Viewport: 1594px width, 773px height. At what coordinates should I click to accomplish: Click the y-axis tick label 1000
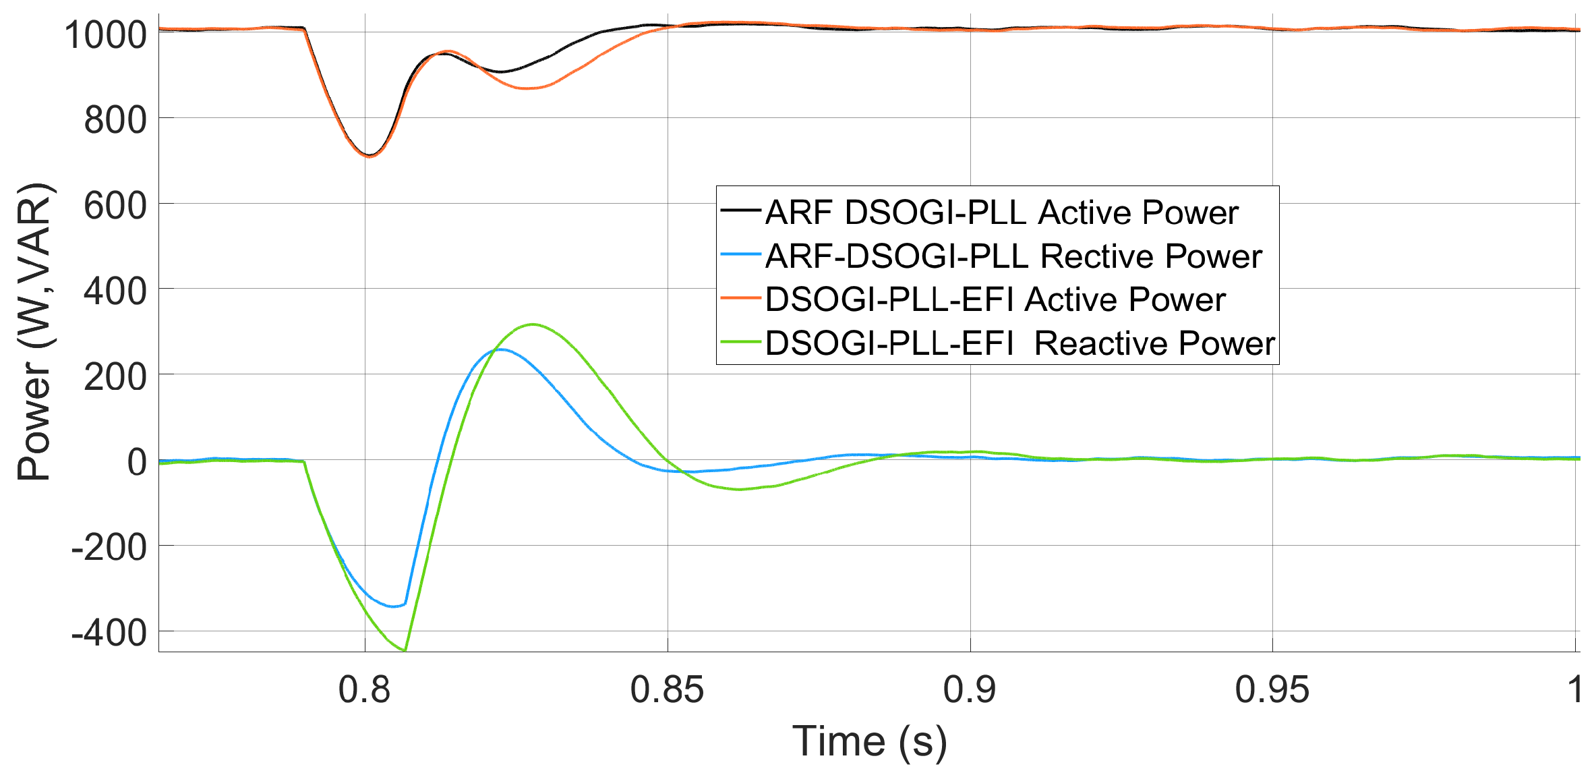tap(105, 34)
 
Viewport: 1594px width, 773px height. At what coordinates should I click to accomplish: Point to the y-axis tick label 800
tap(115, 120)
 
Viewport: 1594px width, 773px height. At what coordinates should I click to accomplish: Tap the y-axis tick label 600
tap(115, 205)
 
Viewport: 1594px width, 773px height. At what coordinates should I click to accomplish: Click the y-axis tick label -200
tap(109, 547)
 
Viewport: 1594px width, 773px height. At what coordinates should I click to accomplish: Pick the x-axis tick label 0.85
tap(667, 689)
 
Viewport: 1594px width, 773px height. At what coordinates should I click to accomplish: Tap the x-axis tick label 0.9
tap(970, 689)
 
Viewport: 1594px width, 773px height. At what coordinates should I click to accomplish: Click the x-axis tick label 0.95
tap(1272, 689)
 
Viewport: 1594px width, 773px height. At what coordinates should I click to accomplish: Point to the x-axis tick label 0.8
tap(364, 689)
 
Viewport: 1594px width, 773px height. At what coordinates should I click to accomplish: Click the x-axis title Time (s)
tap(869, 741)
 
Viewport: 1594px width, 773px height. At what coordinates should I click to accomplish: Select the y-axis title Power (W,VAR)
tap(34, 331)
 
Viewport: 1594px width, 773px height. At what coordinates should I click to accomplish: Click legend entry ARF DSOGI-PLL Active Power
tap(1001, 212)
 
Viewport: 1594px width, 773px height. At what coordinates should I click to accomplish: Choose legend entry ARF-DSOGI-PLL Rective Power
tap(1013, 256)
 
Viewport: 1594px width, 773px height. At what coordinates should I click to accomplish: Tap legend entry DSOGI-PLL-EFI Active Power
tap(995, 299)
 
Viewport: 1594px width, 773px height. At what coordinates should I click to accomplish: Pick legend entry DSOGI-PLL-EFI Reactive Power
tap(1020, 343)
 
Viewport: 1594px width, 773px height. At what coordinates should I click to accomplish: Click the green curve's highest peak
tap(533, 324)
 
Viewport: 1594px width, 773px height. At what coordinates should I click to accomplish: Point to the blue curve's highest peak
tap(501, 349)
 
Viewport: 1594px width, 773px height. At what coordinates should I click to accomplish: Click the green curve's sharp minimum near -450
tap(405, 650)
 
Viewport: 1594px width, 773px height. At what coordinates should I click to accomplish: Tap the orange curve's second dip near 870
tap(529, 88)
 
